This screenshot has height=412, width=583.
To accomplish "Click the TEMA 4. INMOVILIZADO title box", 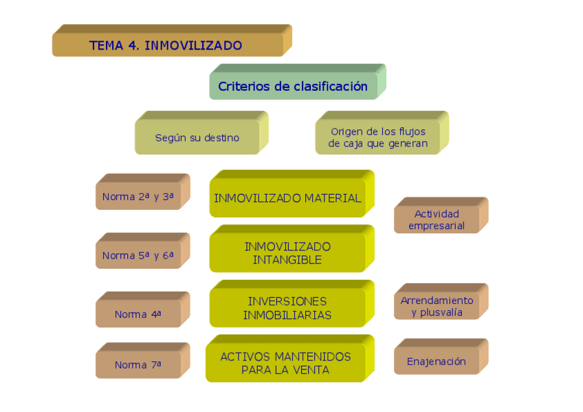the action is coord(167,45).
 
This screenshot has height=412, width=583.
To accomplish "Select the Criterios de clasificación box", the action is coord(293,87).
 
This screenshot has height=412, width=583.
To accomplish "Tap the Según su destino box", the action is coord(197,138).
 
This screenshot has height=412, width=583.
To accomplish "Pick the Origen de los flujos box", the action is coord(377,138).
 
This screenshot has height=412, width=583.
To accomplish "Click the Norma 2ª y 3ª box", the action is coord(137,197).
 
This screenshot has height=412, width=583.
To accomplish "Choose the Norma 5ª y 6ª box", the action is coord(137,255).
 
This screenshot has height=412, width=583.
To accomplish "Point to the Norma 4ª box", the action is coord(137,314).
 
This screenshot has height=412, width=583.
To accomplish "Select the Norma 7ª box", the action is coord(137,365).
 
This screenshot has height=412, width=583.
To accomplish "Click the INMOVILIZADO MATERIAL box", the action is coord(287,198).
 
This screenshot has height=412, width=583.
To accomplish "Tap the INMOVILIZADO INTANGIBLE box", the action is coord(287,253).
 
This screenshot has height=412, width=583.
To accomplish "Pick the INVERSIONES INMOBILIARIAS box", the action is coord(287,308).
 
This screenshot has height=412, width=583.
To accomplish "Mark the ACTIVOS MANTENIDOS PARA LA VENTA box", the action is coord(285,363).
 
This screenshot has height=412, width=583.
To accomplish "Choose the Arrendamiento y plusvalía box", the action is coord(437,306).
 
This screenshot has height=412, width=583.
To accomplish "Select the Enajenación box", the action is coord(437,361).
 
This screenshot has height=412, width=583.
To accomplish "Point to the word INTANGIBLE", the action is coord(287,260).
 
